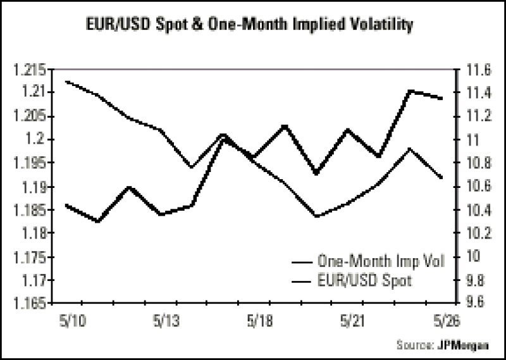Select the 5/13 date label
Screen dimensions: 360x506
tap(165, 321)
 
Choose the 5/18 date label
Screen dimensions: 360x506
tap(259, 321)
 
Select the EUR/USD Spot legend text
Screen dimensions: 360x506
tap(365, 280)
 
